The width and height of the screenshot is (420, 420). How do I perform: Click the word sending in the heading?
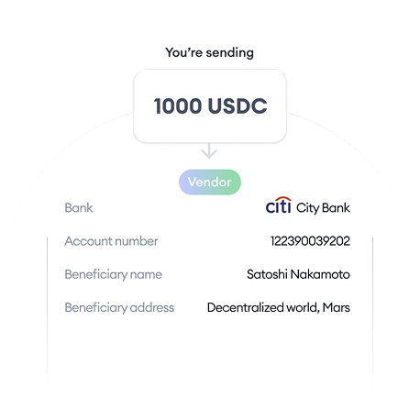(229, 53)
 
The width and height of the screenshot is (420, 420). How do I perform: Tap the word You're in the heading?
(183, 52)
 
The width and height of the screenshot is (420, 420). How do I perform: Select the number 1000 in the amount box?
(178, 106)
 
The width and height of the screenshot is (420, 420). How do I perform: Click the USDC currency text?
(238, 106)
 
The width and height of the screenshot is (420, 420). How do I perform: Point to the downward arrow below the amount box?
(209, 150)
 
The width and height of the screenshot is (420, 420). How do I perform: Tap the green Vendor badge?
(210, 182)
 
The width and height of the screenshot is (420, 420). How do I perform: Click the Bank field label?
(79, 208)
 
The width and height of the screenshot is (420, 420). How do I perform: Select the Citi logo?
(279, 205)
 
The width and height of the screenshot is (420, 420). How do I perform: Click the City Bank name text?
(323, 208)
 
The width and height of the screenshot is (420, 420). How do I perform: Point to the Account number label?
(111, 241)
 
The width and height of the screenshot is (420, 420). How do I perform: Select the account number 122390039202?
(310, 241)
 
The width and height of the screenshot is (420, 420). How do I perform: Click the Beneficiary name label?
(113, 274)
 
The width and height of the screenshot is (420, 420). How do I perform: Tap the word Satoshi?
(267, 274)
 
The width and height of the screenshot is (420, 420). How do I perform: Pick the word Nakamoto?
(320, 274)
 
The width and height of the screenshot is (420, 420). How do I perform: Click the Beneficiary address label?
(119, 307)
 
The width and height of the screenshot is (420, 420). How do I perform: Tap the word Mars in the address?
(337, 307)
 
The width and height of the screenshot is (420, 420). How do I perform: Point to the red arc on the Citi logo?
(282, 199)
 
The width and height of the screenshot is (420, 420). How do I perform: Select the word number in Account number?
(137, 241)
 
